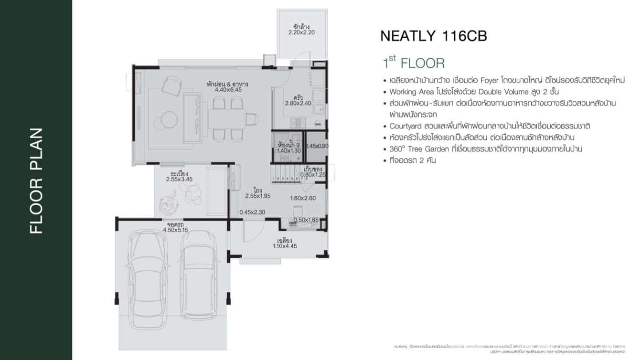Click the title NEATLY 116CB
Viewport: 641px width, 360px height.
coord(433,36)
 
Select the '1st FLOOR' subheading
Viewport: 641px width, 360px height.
coord(413,63)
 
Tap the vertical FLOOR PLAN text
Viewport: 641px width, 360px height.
coord(36,180)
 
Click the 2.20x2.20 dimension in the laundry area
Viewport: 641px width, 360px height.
coord(301,33)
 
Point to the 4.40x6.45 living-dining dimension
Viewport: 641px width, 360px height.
coord(227,89)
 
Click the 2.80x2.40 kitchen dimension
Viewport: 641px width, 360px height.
coord(298,103)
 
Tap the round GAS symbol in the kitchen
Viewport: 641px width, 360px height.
coord(318,124)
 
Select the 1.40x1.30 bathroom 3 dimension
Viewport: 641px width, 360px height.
coord(289,151)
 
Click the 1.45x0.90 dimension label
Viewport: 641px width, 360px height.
coord(317,146)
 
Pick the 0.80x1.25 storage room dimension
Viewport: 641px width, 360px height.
coord(312,175)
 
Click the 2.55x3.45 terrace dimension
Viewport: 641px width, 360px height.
coord(179,180)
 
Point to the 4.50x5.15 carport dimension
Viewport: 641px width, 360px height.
coord(176,230)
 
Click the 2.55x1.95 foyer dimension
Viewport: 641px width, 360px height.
coord(258,196)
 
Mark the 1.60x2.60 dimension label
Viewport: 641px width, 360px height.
coord(303,198)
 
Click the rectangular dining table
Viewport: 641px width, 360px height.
coord(226,118)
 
